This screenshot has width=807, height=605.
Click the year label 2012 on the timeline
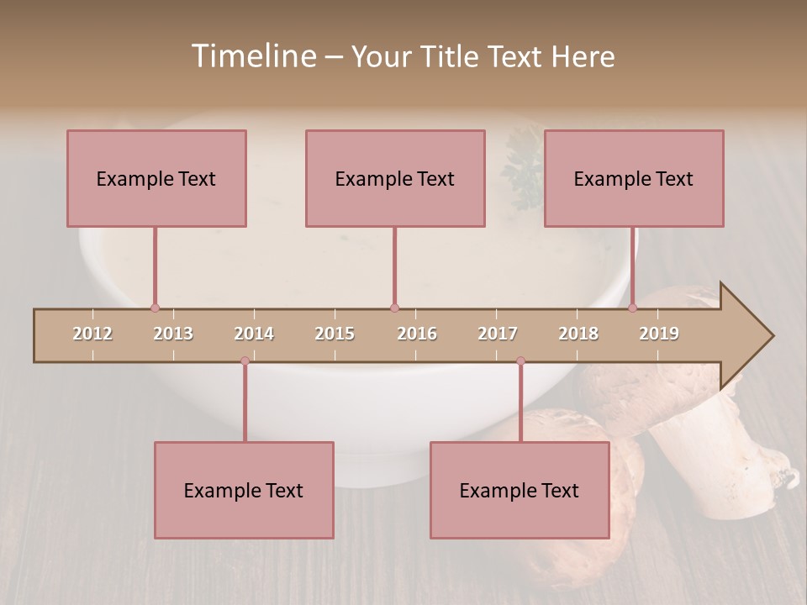click(92, 334)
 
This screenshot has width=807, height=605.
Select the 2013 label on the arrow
click(173, 334)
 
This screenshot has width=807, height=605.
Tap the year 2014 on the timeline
click(254, 334)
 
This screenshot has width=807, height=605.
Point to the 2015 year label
click(335, 334)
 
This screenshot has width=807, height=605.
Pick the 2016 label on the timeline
click(417, 334)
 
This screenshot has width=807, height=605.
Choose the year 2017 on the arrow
click(498, 334)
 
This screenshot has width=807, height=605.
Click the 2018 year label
click(578, 334)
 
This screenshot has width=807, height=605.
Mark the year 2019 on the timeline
click(659, 334)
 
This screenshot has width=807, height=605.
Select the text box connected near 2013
click(156, 178)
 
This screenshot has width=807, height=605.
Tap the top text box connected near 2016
click(395, 178)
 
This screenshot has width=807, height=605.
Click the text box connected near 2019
click(634, 178)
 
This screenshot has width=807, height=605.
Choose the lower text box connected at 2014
click(244, 490)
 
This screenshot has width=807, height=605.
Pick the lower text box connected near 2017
click(520, 490)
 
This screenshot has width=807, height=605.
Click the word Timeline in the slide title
click(252, 56)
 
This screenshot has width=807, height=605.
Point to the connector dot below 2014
click(245, 360)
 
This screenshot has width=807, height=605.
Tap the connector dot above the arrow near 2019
click(632, 308)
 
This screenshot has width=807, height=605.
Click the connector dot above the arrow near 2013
click(155, 308)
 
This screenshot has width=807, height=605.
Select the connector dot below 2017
click(520, 360)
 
